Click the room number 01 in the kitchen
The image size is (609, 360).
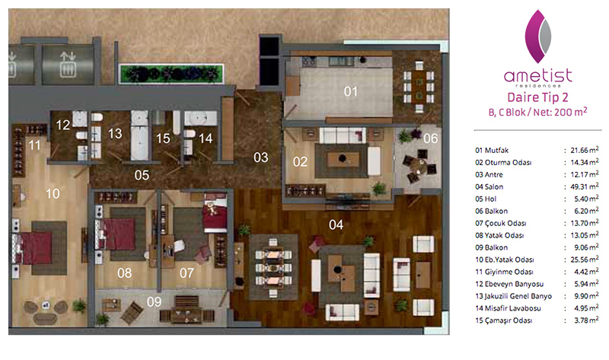coord(350,91)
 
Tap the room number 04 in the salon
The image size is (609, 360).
coord(336,225)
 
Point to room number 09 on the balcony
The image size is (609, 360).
coord(155,301)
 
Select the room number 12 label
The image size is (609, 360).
coord(63,125)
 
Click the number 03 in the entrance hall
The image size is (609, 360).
coord(260,158)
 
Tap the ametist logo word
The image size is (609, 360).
coord(538,75)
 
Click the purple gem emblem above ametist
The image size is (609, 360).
coord(538,37)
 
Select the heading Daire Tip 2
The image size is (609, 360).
coord(538,97)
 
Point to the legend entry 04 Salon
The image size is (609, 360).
coord(489,186)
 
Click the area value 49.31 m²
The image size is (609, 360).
coord(584,186)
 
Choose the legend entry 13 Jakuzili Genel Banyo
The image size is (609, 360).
coord(513,296)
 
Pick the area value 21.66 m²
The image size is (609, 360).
coord(584,150)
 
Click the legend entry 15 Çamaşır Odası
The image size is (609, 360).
coord(503,320)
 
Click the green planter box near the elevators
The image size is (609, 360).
coord(171,74)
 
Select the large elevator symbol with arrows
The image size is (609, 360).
coord(68,65)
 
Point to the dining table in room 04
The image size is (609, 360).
coord(273,268)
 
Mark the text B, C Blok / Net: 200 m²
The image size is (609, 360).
coord(538,112)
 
